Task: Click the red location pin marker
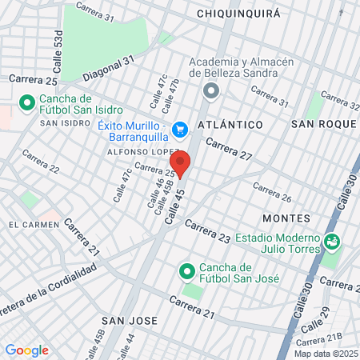click(180, 162)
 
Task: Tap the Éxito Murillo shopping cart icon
click(181, 128)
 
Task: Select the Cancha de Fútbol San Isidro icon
click(26, 104)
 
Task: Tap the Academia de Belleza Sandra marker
click(211, 90)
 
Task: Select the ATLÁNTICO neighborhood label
click(232, 125)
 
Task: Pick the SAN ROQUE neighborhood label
click(322, 124)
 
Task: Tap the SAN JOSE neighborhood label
click(126, 320)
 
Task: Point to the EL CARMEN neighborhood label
click(34, 225)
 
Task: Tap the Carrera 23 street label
click(207, 230)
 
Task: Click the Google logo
click(26, 350)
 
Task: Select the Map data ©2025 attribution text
click(323, 354)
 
